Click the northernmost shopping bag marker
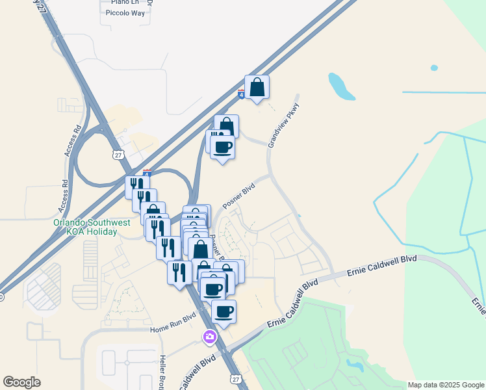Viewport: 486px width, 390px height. (x=257, y=88)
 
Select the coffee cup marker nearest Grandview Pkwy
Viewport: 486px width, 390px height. (x=222, y=148)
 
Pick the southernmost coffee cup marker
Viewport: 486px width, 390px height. (x=224, y=312)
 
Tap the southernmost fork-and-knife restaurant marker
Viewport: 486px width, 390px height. (x=179, y=272)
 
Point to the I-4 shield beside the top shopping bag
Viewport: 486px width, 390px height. (x=241, y=94)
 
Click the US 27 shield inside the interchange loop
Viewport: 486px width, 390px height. (x=117, y=154)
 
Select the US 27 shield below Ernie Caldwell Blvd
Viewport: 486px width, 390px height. (x=235, y=378)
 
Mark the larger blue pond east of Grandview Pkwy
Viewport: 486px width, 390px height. (x=340, y=86)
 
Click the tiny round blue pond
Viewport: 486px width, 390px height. (x=434, y=68)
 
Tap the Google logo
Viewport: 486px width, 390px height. (x=21, y=382)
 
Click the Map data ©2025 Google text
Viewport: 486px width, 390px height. (x=445, y=385)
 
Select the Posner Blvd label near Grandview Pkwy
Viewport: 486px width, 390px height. (x=239, y=195)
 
